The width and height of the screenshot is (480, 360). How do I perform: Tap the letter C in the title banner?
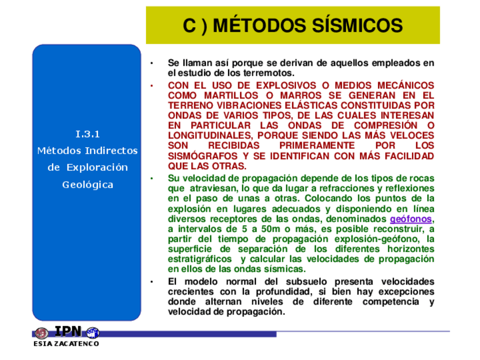click(x=190, y=26)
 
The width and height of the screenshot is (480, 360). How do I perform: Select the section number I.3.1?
click(x=87, y=134)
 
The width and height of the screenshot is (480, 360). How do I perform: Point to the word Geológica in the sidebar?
click(x=88, y=185)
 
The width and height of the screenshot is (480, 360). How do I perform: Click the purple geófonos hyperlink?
click(x=410, y=218)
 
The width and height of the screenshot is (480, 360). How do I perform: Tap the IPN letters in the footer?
click(x=67, y=332)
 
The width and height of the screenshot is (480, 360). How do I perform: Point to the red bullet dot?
click(x=151, y=85)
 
